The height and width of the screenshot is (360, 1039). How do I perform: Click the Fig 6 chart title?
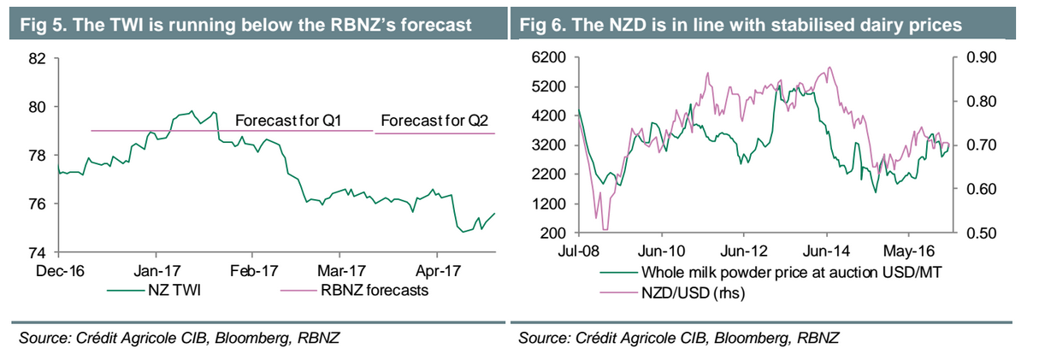741,25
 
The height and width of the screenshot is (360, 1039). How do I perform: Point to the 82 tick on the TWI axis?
37,59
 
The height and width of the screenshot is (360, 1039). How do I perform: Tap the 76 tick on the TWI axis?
37,204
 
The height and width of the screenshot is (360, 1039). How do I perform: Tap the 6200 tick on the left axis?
549,57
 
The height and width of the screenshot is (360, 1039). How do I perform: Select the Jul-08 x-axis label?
580,252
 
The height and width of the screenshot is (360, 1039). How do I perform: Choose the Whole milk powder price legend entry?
769,274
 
